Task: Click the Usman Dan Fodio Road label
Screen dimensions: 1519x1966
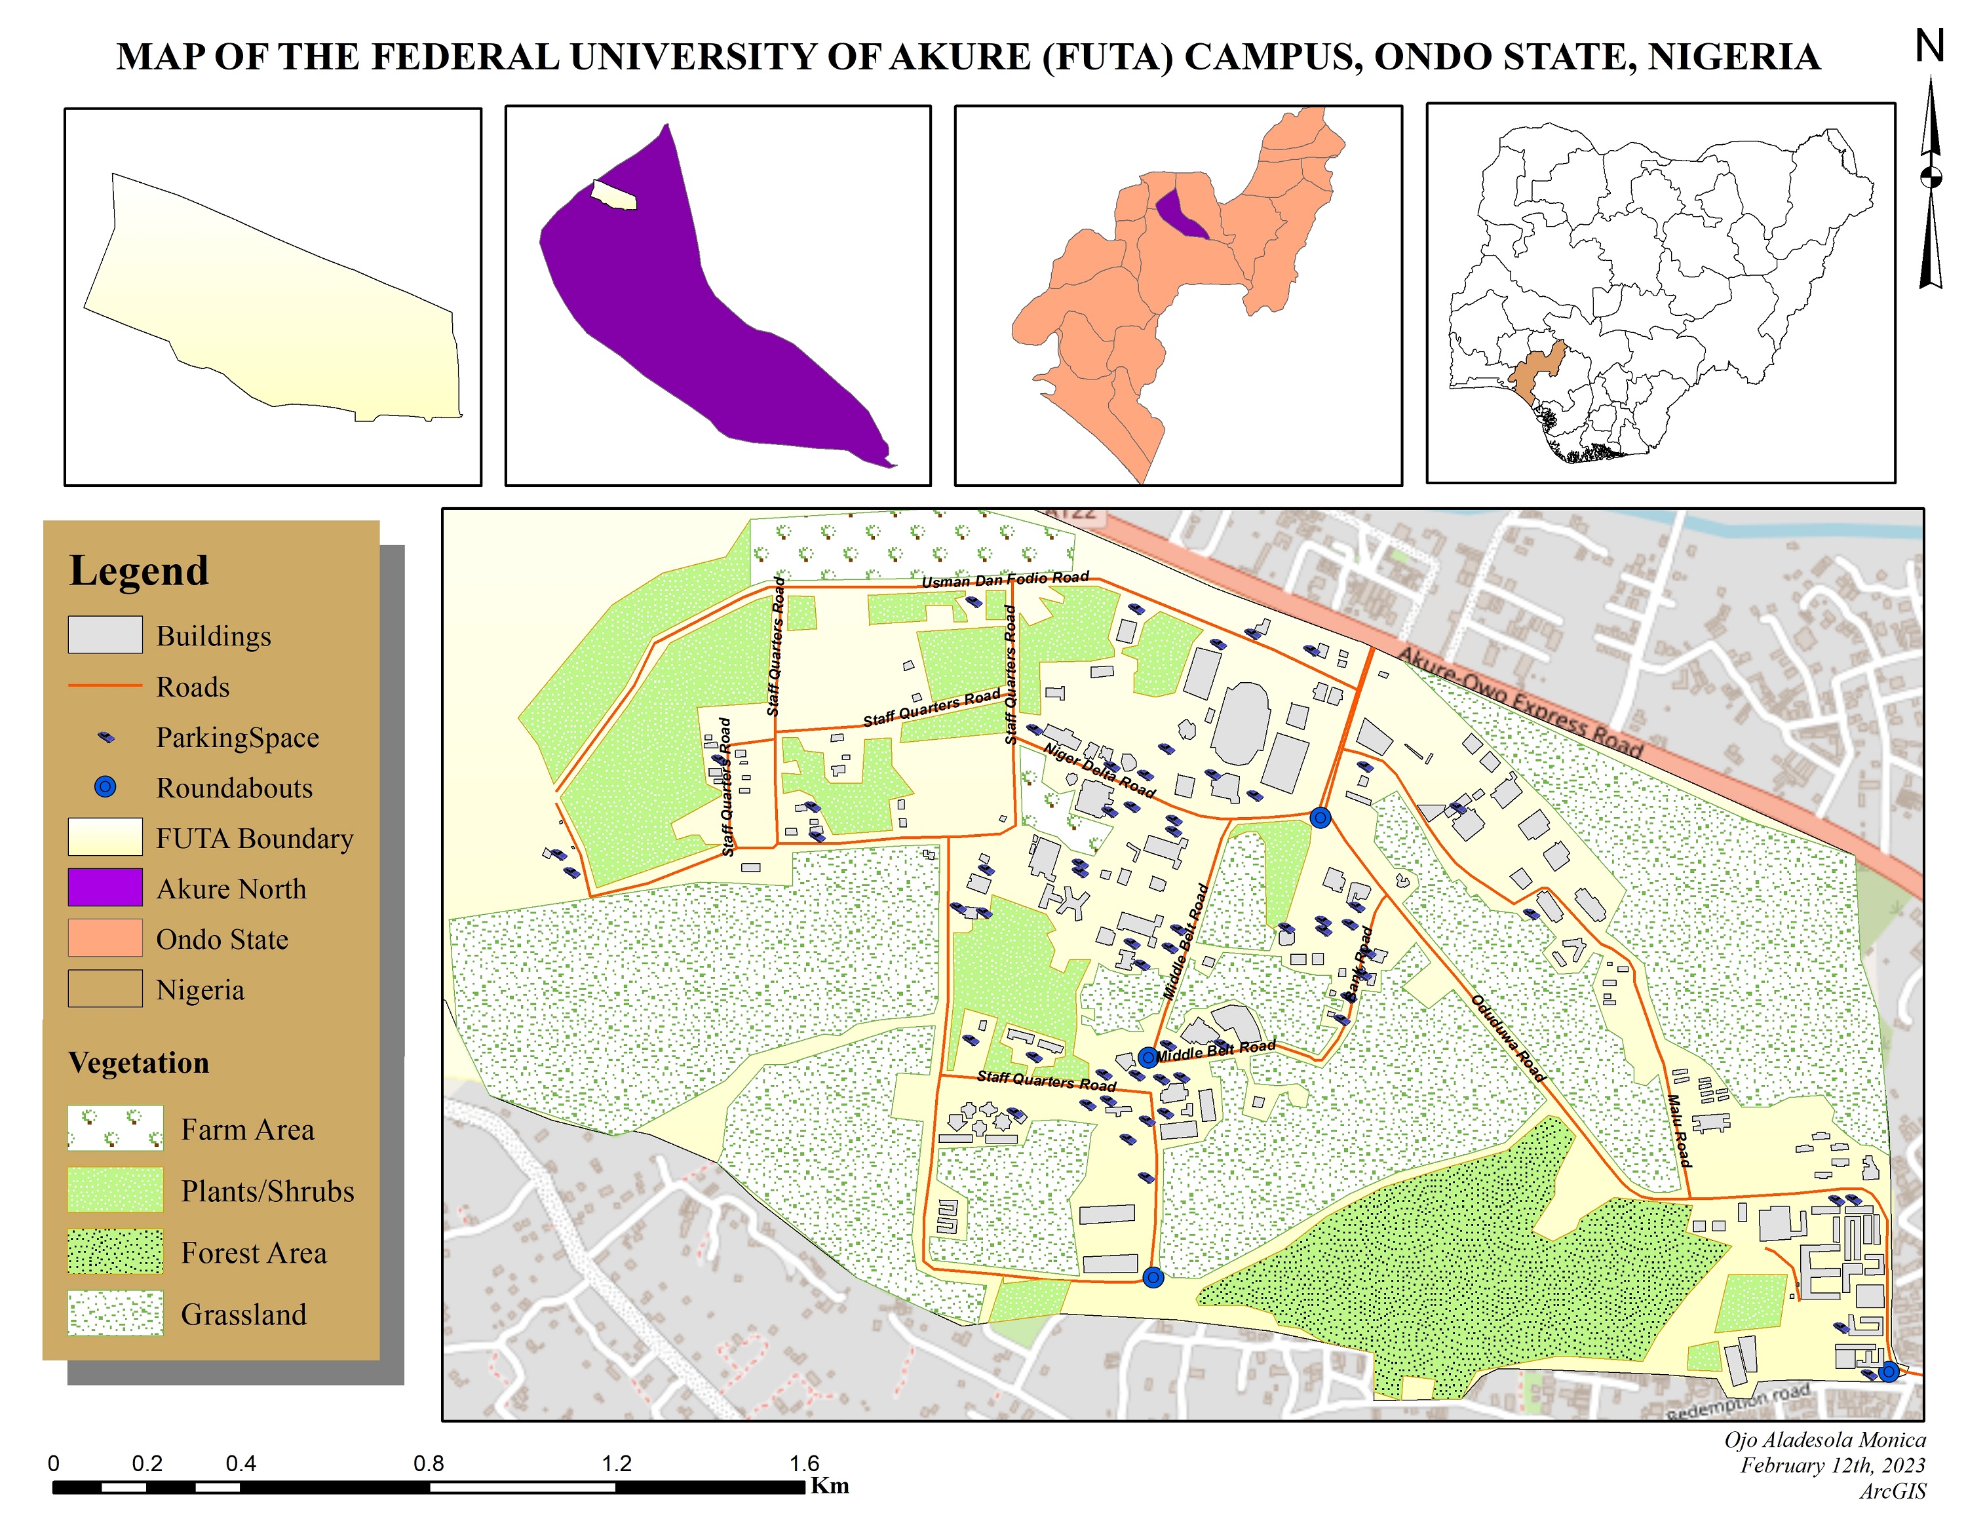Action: (1005, 579)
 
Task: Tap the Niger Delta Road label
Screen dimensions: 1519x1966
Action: (1098, 769)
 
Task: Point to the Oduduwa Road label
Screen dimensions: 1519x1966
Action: (1508, 1037)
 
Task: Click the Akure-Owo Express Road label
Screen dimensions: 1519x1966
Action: (1520, 702)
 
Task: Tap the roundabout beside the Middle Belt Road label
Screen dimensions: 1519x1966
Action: (1147, 1058)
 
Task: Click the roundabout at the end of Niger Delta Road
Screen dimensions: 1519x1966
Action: (1320, 817)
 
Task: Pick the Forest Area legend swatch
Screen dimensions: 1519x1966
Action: (115, 1252)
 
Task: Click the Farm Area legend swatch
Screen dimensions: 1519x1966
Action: (115, 1128)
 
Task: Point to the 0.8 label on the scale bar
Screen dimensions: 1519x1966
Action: (429, 1463)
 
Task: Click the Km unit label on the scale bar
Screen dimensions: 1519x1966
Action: (829, 1486)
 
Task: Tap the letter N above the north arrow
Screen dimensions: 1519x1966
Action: (1929, 47)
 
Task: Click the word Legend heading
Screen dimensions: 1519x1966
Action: (139, 571)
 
